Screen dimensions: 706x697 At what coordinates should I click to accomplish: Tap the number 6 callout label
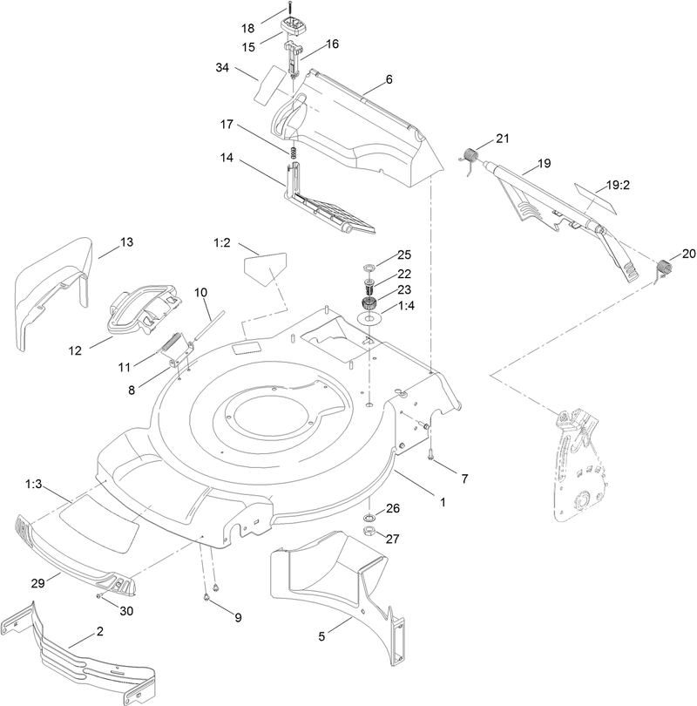tap(389, 79)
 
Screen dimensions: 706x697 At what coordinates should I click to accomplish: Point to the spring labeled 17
tap(294, 153)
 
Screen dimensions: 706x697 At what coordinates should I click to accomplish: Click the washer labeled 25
tap(368, 264)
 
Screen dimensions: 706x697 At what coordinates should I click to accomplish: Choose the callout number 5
tap(321, 636)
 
